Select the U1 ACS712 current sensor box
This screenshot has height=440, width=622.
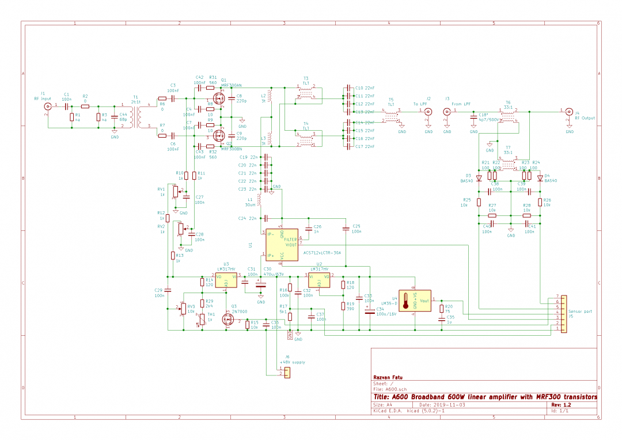[282, 244]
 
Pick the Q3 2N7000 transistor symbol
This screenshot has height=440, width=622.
[227, 318]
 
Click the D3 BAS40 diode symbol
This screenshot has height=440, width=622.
[479, 178]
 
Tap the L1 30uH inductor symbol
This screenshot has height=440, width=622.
[260, 199]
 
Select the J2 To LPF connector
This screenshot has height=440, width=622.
[428, 112]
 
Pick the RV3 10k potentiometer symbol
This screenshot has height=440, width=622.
[183, 309]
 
